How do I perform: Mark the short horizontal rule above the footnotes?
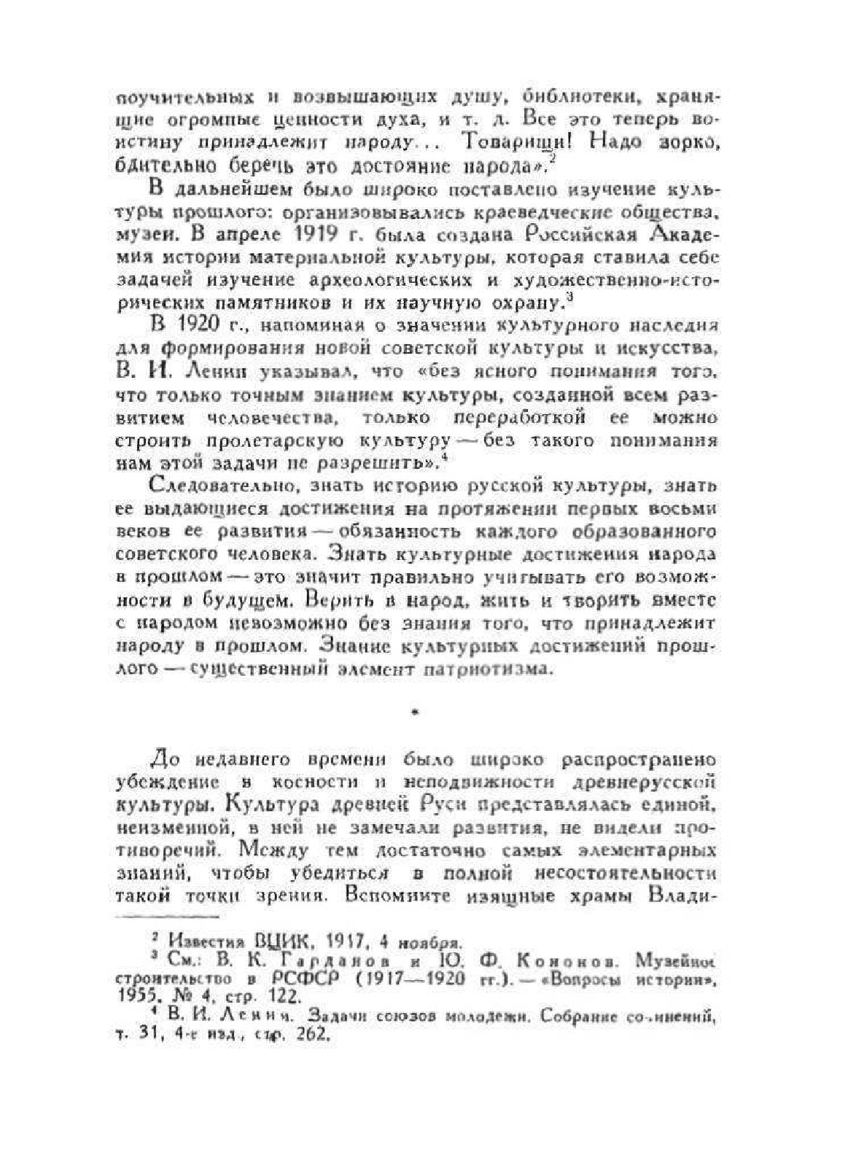point(168,915)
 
